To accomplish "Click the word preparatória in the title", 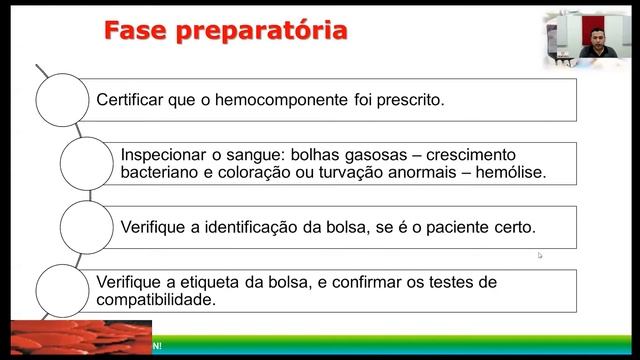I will point(263,32).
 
